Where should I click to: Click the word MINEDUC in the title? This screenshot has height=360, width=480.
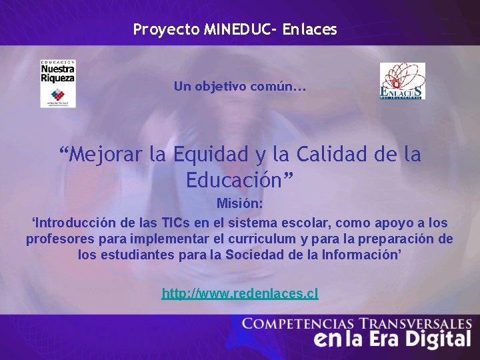pos(229,29)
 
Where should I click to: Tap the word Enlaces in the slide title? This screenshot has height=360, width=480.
pos(310,29)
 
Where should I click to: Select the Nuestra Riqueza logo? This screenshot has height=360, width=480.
pos(58,83)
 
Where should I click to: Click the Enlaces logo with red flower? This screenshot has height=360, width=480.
pos(402,81)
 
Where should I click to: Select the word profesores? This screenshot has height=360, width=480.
pos(58,239)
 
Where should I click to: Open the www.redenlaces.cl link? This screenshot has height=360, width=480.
pos(240,293)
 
